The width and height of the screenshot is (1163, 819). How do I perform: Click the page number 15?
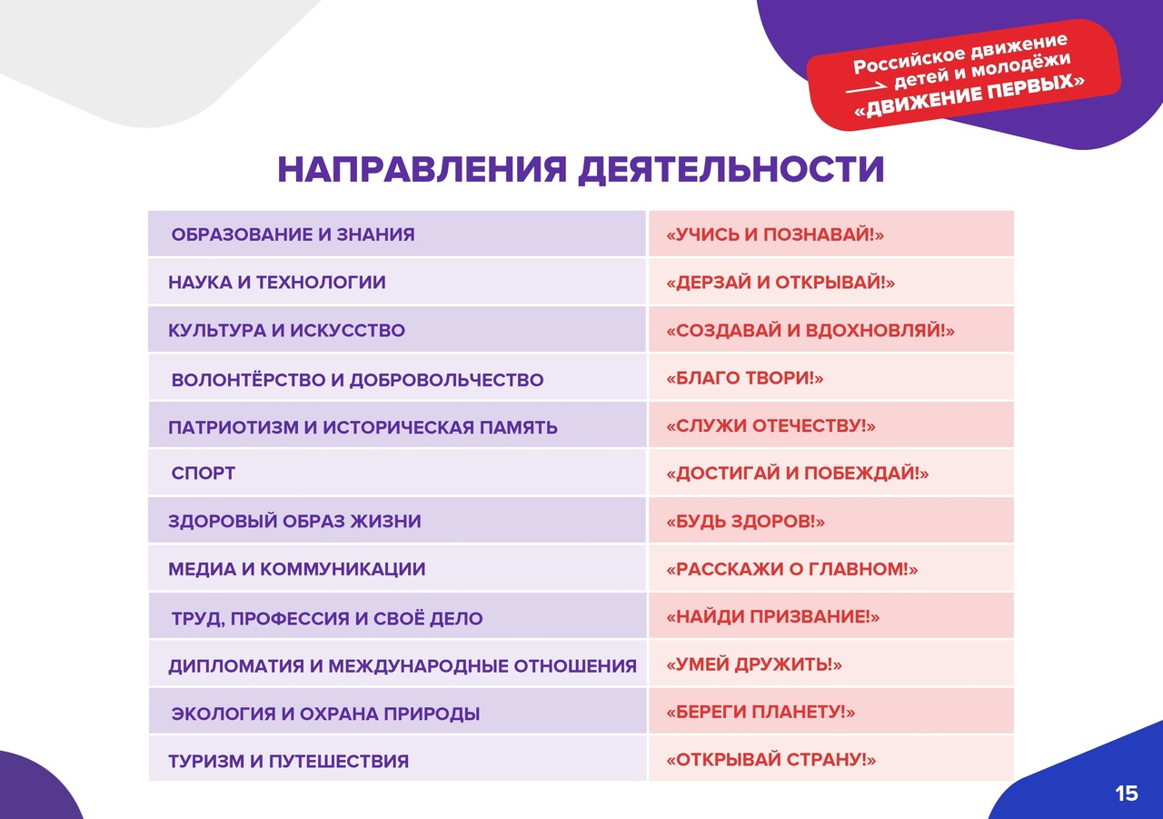click(x=1127, y=793)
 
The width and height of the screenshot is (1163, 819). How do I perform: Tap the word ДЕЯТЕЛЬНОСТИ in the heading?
click(x=731, y=170)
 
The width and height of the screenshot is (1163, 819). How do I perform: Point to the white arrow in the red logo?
click(x=866, y=88)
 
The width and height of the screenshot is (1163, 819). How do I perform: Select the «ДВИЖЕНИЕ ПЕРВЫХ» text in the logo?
click(x=969, y=95)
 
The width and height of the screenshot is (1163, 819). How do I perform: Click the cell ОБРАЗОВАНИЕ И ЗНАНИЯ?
click(x=293, y=235)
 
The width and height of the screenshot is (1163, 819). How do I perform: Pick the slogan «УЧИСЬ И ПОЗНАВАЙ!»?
click(x=775, y=235)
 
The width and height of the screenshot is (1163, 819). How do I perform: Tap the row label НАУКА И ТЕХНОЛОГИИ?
click(x=277, y=282)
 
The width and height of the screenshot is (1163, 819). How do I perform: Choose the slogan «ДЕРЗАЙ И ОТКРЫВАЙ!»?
click(x=780, y=282)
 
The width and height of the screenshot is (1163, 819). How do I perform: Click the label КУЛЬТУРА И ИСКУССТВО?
click(x=286, y=330)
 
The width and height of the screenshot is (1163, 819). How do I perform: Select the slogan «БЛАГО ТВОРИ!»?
click(x=745, y=377)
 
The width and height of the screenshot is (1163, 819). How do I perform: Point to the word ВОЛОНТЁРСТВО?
click(x=248, y=380)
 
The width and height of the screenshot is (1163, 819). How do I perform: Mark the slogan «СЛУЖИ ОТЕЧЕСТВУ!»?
click(x=771, y=425)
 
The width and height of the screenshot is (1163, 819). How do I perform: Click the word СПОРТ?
click(x=203, y=473)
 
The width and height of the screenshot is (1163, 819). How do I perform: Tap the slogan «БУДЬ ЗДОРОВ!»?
click(x=746, y=521)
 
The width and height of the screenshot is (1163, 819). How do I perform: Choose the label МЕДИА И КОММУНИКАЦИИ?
click(x=296, y=569)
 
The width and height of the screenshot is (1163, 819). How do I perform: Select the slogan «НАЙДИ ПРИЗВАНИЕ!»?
click(x=773, y=616)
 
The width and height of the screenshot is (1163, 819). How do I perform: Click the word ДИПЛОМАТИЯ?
click(x=236, y=665)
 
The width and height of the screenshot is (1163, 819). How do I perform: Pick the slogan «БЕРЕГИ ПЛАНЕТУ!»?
click(x=760, y=712)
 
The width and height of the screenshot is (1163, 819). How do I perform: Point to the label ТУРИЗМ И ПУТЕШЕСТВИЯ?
click(x=289, y=762)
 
